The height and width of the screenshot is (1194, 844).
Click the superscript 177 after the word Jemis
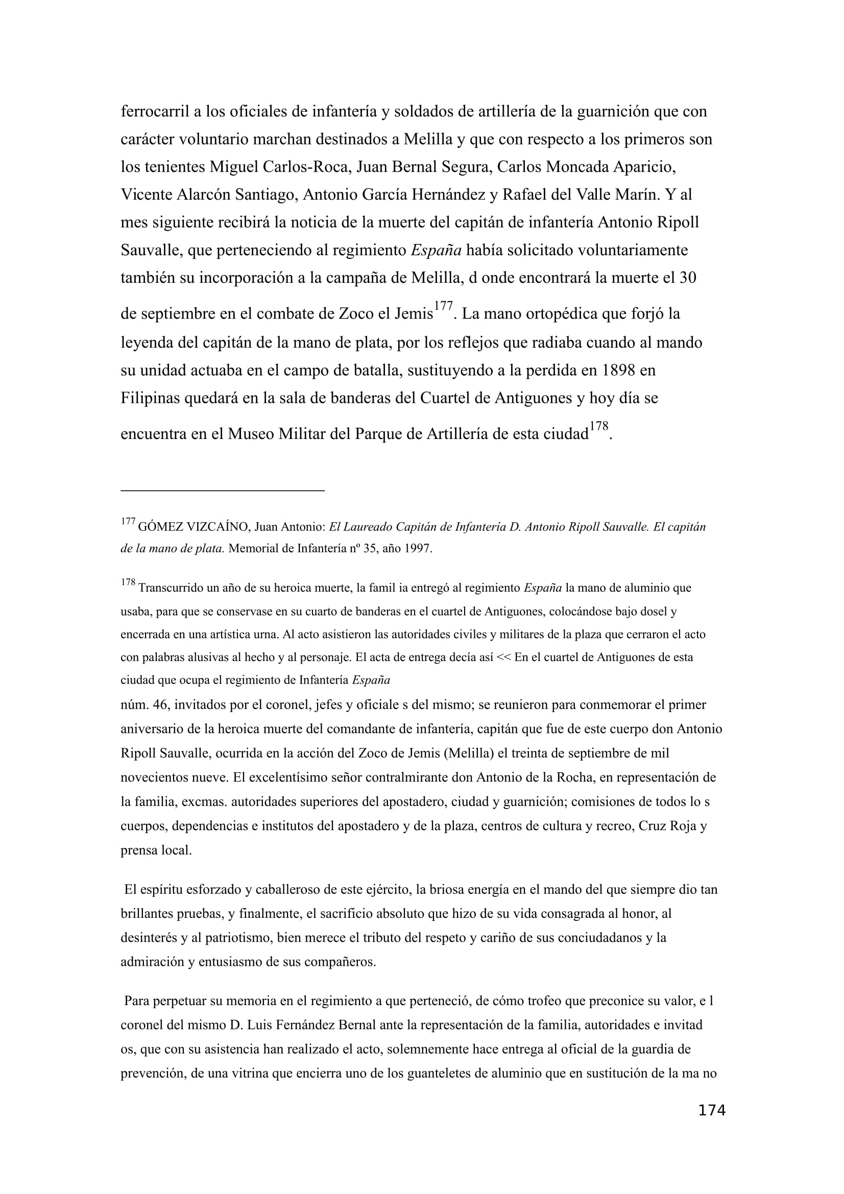point(443,306)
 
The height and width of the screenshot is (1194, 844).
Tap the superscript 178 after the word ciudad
point(598,426)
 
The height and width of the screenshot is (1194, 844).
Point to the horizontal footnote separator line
point(223,490)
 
